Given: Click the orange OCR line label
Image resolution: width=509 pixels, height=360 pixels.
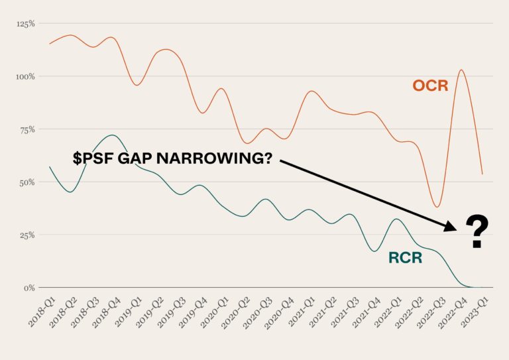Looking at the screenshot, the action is [x=430, y=86].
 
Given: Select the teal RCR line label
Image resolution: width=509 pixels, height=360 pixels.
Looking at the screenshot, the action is [x=406, y=258].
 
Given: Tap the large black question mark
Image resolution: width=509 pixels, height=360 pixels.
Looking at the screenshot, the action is [x=477, y=232].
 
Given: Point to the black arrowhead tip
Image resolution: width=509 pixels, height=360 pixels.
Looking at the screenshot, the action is [x=457, y=230].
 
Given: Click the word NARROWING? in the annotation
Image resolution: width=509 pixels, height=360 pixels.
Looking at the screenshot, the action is [x=214, y=158].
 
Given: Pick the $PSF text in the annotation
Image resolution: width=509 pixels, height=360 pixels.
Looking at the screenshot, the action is [x=93, y=158].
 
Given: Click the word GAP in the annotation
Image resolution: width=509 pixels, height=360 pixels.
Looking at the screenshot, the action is [x=135, y=158].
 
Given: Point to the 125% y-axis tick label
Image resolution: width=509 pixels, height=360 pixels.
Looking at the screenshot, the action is [x=26, y=24].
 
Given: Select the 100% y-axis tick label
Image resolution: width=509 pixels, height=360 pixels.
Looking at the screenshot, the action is [x=25, y=77].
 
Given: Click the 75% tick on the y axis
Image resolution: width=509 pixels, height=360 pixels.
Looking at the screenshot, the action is [x=27, y=129].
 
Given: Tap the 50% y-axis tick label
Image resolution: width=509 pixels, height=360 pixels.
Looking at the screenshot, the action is [x=27, y=182].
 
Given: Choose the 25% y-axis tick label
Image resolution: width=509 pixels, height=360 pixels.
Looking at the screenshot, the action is [x=27, y=235].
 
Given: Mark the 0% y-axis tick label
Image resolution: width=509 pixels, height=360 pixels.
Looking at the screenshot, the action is [x=29, y=288].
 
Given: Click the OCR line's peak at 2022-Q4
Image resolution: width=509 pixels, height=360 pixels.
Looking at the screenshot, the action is [x=461, y=70].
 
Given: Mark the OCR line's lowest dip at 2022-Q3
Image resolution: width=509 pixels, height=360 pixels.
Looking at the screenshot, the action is [x=437, y=207].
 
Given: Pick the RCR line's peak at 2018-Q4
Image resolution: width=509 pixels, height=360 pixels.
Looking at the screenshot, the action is [x=112, y=135].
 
